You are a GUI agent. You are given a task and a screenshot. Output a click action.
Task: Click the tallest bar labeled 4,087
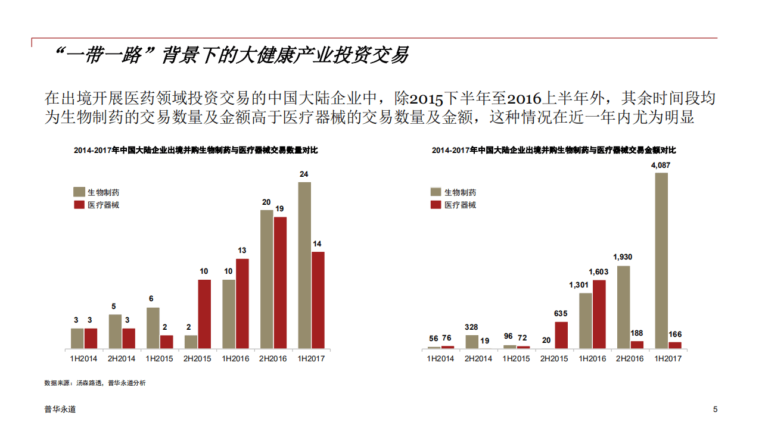pyautogui.click(x=661, y=260)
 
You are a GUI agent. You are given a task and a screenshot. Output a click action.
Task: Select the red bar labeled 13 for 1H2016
pyautogui.click(x=242, y=304)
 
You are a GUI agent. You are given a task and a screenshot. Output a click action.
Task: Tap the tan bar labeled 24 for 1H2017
pyautogui.click(x=304, y=265)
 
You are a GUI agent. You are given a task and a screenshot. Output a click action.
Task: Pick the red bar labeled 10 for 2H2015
pyautogui.click(x=204, y=314)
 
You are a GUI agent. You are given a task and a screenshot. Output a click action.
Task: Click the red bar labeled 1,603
pyautogui.click(x=599, y=314)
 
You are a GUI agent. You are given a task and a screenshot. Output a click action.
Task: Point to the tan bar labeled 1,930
pyautogui.click(x=623, y=307)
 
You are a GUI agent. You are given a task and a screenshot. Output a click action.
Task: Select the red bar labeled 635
pyautogui.click(x=561, y=335)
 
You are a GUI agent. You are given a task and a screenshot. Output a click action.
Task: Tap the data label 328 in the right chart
pyautogui.click(x=471, y=327)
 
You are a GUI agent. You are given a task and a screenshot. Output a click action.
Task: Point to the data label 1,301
pyautogui.click(x=579, y=285)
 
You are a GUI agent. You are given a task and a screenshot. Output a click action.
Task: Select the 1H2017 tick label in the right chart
pyautogui.click(x=668, y=358)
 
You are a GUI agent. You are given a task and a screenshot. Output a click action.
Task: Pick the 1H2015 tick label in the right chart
pyautogui.click(x=516, y=358)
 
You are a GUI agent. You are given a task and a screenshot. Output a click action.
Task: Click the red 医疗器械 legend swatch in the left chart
pyautogui.click(x=79, y=205)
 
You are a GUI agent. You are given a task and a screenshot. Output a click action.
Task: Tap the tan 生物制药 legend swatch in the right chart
pyautogui.click(x=436, y=192)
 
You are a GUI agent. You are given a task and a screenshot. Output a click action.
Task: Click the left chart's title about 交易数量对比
pyautogui.click(x=196, y=151)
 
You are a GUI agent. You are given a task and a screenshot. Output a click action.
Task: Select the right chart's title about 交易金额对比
pyautogui.click(x=554, y=151)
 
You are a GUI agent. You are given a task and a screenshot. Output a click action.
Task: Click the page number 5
pyautogui.click(x=715, y=410)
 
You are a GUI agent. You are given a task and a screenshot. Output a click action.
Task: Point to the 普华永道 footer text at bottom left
pyautogui.click(x=60, y=410)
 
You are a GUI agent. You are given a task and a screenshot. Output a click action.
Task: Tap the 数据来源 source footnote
pyautogui.click(x=95, y=383)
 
